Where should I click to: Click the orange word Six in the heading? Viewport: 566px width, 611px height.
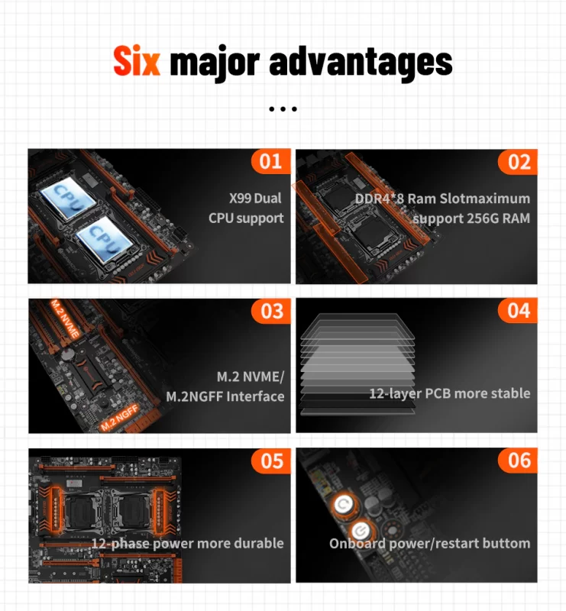tap(137, 61)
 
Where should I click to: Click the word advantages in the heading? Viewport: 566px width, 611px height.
tap(361, 63)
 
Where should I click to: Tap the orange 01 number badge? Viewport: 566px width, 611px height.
tap(271, 161)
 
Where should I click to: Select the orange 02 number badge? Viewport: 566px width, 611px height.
tap(518, 162)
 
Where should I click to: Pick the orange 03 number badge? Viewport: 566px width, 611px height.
tap(271, 312)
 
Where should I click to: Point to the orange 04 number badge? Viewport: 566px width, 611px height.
tap(518, 311)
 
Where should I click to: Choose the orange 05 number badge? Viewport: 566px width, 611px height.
tap(271, 461)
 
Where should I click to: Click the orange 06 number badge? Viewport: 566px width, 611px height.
tap(518, 461)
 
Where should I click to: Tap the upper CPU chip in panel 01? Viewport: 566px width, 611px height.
tap(69, 199)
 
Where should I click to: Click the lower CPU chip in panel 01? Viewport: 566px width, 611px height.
tap(104, 239)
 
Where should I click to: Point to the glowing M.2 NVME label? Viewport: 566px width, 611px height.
tap(65, 318)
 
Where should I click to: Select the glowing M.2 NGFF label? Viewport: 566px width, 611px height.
tap(119, 418)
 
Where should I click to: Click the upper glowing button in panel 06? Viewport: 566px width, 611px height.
tap(344, 505)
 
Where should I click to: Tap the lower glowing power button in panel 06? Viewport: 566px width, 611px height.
tap(361, 530)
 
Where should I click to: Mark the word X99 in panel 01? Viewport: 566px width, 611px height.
tap(240, 199)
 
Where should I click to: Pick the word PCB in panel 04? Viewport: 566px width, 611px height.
tap(438, 393)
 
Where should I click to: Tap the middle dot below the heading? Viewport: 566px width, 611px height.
tap(283, 109)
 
